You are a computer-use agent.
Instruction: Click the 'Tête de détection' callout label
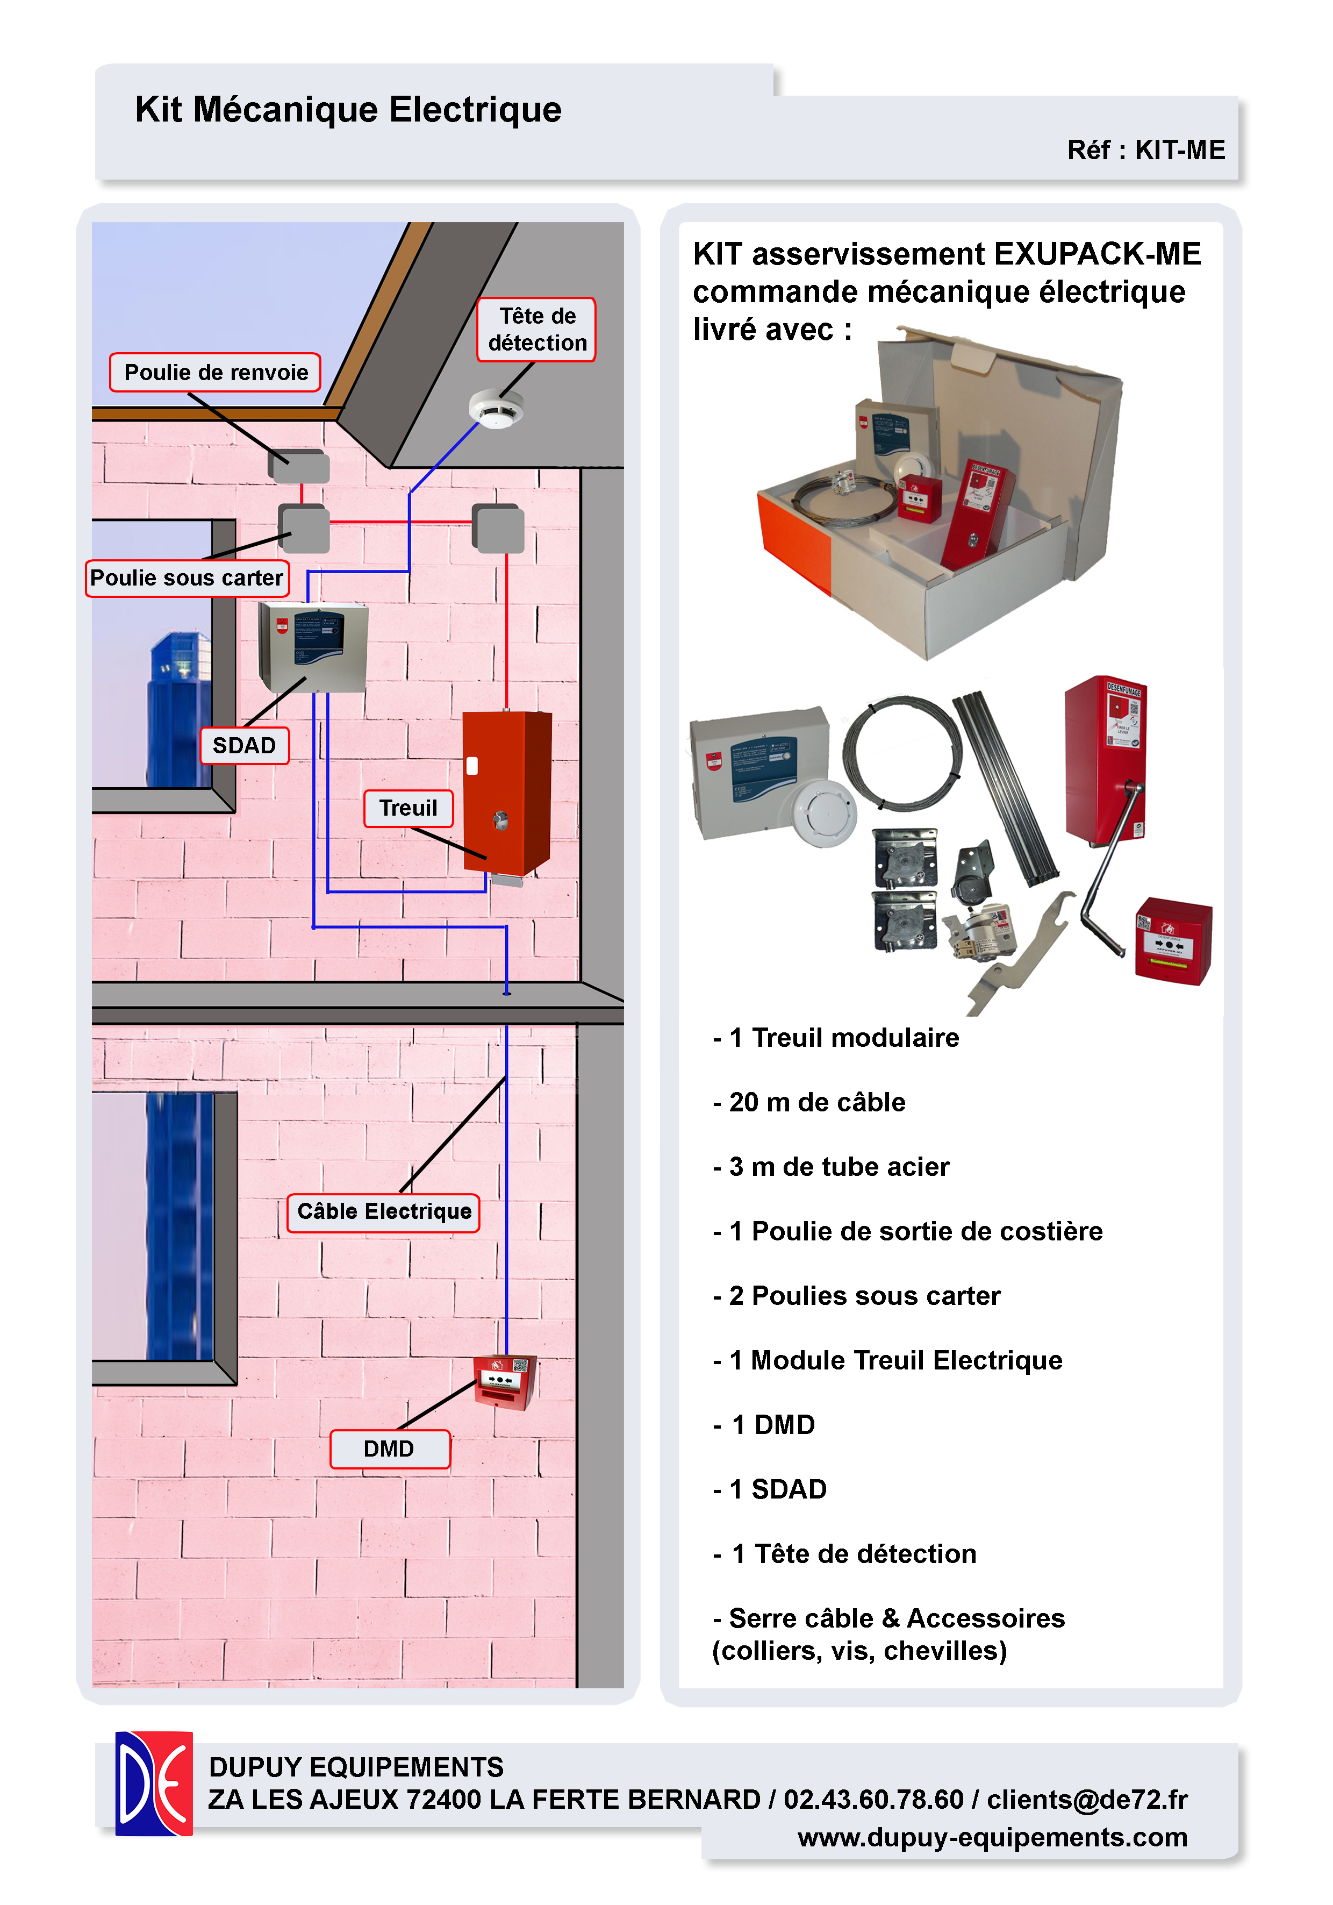(536, 330)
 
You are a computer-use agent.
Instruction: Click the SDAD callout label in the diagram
(244, 745)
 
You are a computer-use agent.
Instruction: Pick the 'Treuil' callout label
(408, 808)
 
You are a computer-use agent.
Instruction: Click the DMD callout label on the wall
(389, 1449)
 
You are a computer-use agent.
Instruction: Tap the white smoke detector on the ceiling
(496, 408)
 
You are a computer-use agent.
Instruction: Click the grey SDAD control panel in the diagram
(313, 647)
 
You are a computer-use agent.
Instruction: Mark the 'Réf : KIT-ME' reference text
(1145, 150)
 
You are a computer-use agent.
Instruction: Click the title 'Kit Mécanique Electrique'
(348, 110)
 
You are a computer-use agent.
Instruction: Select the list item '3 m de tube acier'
(838, 1167)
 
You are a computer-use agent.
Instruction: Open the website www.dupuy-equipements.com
(992, 1837)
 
